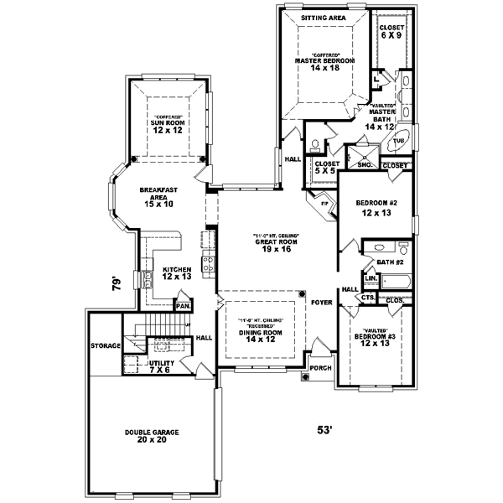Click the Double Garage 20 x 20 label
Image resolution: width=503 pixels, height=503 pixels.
click(x=153, y=436)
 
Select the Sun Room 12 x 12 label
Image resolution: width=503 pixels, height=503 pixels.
click(x=169, y=126)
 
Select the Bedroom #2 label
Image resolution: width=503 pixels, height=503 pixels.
click(x=374, y=206)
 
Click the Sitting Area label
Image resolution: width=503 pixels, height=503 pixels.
click(x=323, y=16)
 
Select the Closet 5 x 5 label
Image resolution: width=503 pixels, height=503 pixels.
click(x=326, y=168)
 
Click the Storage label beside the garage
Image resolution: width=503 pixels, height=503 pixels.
click(x=106, y=345)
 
